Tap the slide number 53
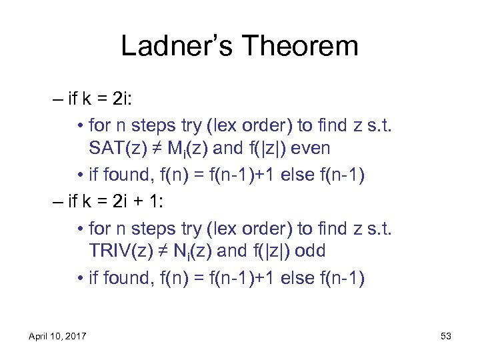point(446,337)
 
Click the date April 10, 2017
point(58,337)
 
